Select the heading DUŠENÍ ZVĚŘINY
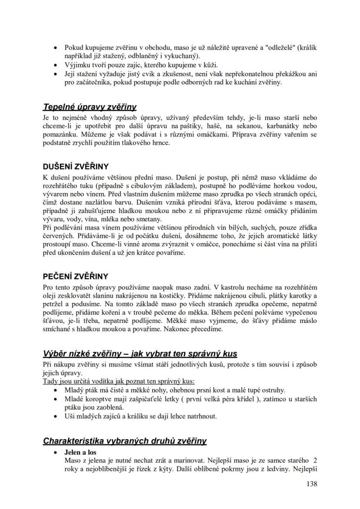coord(76,166)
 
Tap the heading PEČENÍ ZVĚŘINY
coord(75,276)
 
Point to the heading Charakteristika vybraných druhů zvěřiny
coord(125,441)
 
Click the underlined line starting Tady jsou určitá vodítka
coord(118,381)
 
